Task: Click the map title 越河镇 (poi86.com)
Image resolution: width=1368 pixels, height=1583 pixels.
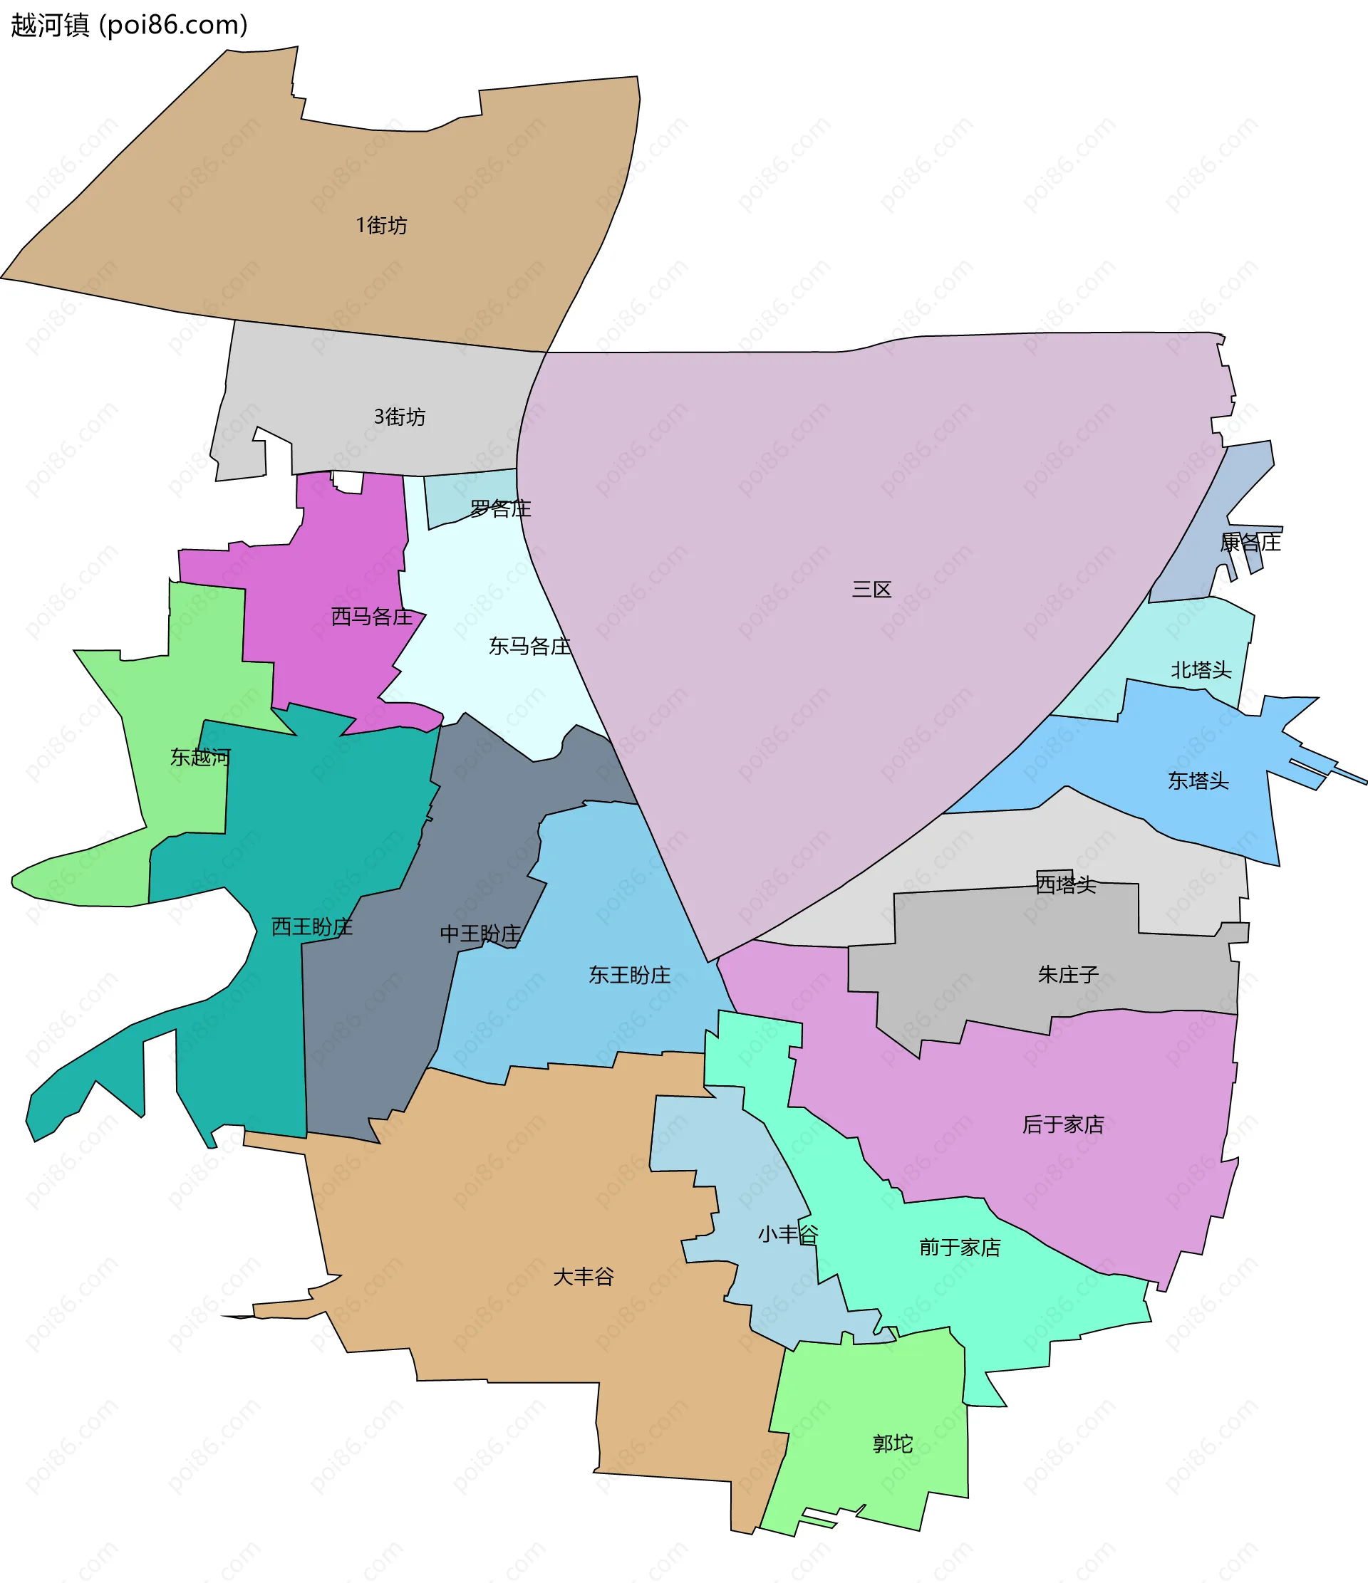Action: [x=129, y=25]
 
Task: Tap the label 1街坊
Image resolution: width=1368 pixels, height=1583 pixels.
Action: [x=381, y=225]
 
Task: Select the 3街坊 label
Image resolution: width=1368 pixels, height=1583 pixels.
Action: [x=400, y=417]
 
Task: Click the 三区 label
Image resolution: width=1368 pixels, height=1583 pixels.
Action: [x=872, y=589]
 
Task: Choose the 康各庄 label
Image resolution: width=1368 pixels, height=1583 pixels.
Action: [x=1250, y=543]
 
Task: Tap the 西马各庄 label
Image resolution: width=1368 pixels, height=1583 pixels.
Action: [x=371, y=616]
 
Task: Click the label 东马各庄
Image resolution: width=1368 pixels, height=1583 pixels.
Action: [x=529, y=647]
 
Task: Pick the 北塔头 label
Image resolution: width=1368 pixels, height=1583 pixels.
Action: [x=1201, y=670]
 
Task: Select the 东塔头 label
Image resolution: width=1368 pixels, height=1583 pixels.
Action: [x=1198, y=780]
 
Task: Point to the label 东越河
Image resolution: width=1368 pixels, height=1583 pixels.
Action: [x=200, y=757]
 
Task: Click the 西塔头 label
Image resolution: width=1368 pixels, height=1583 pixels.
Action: [x=1066, y=884]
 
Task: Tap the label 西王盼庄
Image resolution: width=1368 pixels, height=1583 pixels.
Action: [x=312, y=926]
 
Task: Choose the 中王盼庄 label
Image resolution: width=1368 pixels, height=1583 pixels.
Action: [x=480, y=934]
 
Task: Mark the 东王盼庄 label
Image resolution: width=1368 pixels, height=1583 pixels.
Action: [x=629, y=975]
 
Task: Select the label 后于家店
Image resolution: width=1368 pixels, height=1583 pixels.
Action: [x=1063, y=1124]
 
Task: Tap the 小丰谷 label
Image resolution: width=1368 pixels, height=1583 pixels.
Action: [x=788, y=1234]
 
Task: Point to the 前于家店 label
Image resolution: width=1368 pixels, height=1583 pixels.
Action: [x=960, y=1248]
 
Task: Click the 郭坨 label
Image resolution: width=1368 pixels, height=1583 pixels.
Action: [x=893, y=1443]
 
